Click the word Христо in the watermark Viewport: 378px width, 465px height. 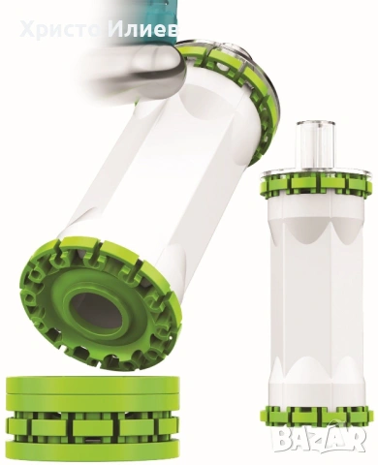tap(60, 30)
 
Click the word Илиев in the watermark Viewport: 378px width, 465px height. tap(143, 30)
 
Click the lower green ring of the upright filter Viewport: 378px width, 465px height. tap(315, 417)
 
